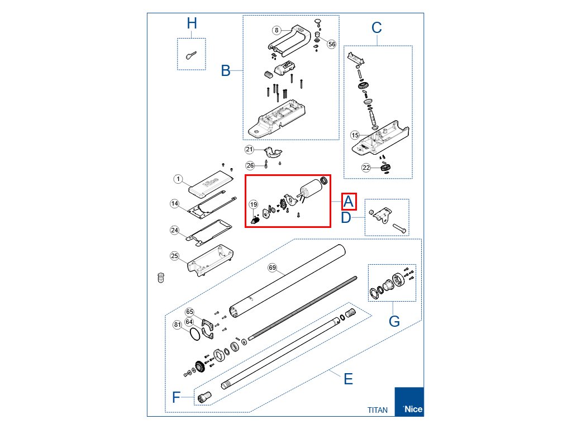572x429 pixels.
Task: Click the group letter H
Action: pyautogui.click(x=192, y=23)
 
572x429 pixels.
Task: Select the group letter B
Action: pyautogui.click(x=226, y=71)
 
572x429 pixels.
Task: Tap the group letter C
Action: pyautogui.click(x=376, y=27)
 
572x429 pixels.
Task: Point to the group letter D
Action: pyautogui.click(x=346, y=217)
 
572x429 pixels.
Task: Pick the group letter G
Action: pyautogui.click(x=394, y=321)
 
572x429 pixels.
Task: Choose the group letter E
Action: pyautogui.click(x=348, y=379)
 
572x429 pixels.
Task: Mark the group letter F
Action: pyautogui.click(x=177, y=398)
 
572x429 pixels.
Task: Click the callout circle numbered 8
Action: pyautogui.click(x=277, y=30)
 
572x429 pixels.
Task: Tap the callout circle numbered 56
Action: pyautogui.click(x=332, y=44)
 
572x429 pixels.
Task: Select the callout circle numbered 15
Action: pyautogui.click(x=355, y=135)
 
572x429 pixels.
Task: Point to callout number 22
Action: pyautogui.click(x=366, y=168)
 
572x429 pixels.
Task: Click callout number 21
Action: pyautogui.click(x=250, y=150)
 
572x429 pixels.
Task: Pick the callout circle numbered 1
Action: pyautogui.click(x=178, y=179)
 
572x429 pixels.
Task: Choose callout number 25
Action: pyautogui.click(x=175, y=256)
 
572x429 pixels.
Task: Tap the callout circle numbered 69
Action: pyautogui.click(x=273, y=268)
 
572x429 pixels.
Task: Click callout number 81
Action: pyautogui.click(x=177, y=325)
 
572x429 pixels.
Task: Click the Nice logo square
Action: pyautogui.click(x=409, y=402)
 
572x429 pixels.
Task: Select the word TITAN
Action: pyautogui.click(x=377, y=410)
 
